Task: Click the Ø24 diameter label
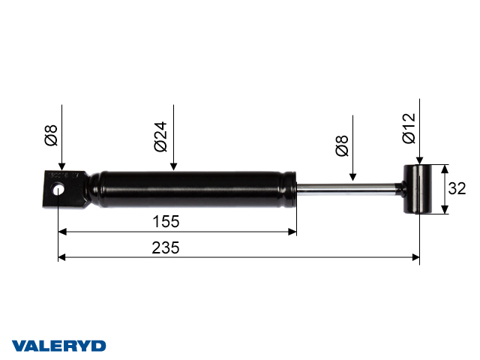[160, 136]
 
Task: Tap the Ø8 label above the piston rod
[341, 145]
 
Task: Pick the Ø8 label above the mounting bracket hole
[49, 135]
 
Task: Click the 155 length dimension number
[166, 222]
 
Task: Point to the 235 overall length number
[166, 247]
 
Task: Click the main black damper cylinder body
[195, 189]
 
